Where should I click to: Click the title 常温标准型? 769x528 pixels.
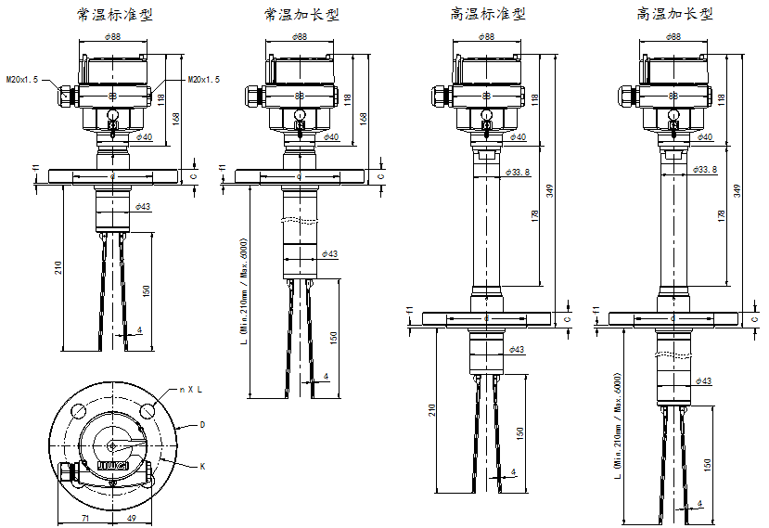115,15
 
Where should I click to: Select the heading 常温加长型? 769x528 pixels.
301,15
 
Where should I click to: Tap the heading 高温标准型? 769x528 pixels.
488,15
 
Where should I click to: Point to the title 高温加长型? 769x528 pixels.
674,15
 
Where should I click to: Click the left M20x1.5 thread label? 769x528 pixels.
22,81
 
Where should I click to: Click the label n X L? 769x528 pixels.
191,389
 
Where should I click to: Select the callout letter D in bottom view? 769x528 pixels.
202,424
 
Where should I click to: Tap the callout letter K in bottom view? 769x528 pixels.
202,465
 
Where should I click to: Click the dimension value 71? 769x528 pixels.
84,518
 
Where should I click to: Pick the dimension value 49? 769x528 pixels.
132,518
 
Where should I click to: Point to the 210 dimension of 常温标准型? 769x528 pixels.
58,267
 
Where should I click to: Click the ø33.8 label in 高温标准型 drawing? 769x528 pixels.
519,172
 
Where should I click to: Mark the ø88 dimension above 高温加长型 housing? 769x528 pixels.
673,36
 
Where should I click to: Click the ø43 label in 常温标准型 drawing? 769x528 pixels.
143,206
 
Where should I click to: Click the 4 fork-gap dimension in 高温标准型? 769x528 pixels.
513,471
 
